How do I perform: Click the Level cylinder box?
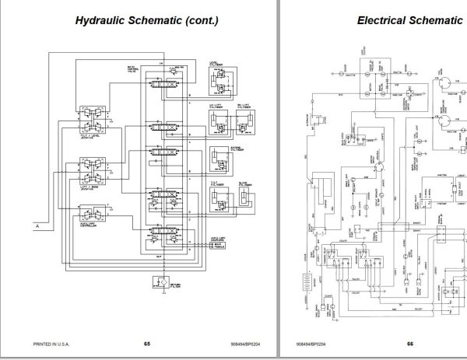221,80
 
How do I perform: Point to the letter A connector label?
37,225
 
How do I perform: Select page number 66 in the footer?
410,343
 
